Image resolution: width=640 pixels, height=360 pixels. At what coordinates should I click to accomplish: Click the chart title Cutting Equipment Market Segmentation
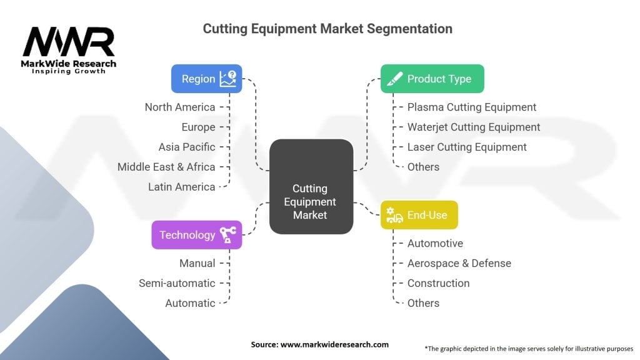coord(327,29)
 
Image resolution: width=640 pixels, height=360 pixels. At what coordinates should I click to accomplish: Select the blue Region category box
coord(206,79)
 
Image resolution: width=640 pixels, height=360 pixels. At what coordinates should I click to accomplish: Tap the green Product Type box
coord(432,79)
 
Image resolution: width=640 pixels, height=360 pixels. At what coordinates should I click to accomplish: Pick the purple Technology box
coord(196,235)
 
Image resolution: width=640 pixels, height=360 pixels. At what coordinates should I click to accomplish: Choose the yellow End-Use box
coord(419,215)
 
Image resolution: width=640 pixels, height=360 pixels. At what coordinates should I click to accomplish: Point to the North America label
coord(180,107)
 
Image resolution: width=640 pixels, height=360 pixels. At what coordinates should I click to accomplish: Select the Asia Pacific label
coord(187,147)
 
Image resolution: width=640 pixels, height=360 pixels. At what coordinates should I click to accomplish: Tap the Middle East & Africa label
coord(166,167)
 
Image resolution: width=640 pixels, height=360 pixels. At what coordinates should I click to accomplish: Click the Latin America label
coord(181,187)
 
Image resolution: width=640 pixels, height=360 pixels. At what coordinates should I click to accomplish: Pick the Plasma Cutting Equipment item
coord(472,107)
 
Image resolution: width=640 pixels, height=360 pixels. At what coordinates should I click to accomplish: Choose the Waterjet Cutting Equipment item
coord(474,127)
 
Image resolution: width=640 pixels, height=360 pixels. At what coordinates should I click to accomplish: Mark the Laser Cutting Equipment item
coord(467,147)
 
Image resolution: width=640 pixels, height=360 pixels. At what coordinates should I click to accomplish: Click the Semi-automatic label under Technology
coord(177,283)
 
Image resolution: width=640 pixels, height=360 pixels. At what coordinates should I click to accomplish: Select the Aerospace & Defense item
coord(459,263)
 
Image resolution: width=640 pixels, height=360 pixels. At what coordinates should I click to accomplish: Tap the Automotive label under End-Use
coord(435,243)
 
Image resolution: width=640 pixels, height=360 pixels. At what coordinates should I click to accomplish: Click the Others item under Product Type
coord(423,167)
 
